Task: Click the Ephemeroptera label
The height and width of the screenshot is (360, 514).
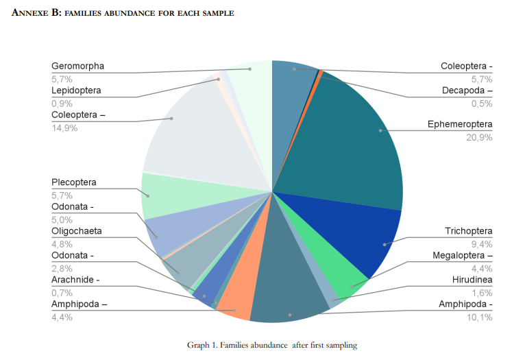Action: click(460, 124)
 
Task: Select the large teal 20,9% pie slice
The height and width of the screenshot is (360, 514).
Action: click(350, 137)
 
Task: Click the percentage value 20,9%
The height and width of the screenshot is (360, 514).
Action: click(478, 137)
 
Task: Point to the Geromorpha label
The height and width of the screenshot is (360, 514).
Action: click(77, 67)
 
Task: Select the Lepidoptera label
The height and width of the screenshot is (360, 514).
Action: click(76, 91)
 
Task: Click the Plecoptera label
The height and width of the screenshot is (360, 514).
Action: click(73, 182)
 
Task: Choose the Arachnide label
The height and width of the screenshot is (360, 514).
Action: click(75, 280)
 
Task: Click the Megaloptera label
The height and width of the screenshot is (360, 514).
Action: click(462, 256)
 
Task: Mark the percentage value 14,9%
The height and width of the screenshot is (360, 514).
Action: click(64, 128)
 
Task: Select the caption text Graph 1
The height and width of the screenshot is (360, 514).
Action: click(202, 345)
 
